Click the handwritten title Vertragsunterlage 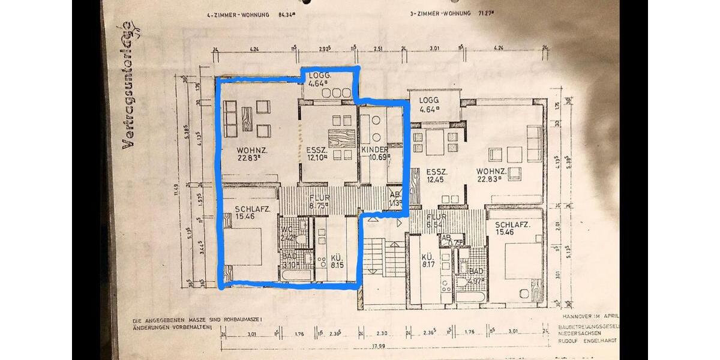[127, 86]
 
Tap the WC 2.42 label [287, 233]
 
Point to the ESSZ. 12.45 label [435, 175]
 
